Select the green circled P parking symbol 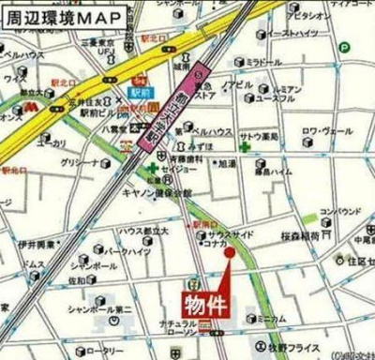345,48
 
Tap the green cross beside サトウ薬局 244,135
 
